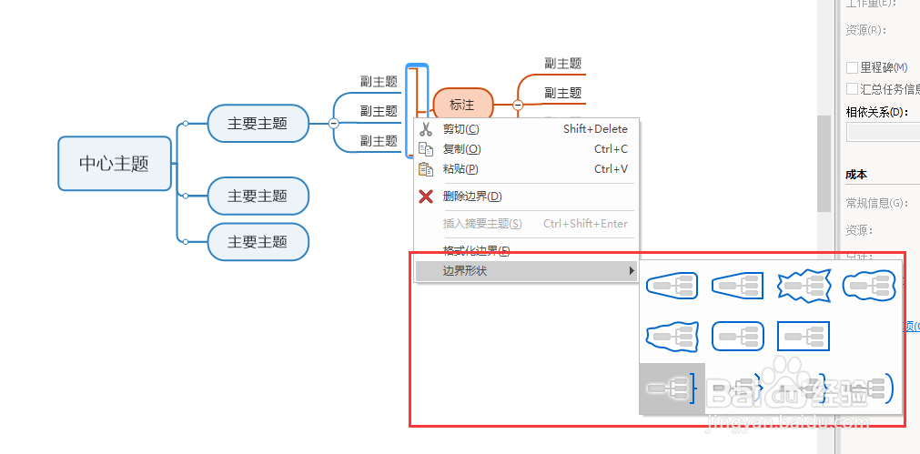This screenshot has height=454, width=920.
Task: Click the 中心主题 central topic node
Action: click(114, 164)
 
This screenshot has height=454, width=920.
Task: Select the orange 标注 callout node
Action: click(462, 106)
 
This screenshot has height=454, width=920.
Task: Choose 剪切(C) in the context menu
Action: click(460, 129)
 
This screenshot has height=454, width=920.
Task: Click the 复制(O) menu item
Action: click(461, 149)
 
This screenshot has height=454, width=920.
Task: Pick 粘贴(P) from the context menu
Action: click(460, 169)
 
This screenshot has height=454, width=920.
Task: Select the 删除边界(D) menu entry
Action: click(471, 197)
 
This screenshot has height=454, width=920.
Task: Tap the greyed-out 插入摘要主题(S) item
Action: click(482, 224)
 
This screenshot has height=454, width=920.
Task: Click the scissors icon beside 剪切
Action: click(425, 129)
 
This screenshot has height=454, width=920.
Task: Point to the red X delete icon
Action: click(425, 197)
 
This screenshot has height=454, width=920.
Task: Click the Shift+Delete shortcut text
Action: click(595, 129)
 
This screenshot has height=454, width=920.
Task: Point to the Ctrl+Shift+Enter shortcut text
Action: click(585, 224)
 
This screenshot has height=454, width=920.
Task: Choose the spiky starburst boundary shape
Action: click(804, 287)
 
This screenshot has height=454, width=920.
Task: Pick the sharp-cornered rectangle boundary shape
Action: click(804, 337)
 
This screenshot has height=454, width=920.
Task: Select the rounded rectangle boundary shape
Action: click(737, 337)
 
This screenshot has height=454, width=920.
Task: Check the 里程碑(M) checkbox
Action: click(853, 67)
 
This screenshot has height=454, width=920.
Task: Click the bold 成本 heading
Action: click(856, 175)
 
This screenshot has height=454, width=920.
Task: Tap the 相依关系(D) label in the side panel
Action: click(876, 112)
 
